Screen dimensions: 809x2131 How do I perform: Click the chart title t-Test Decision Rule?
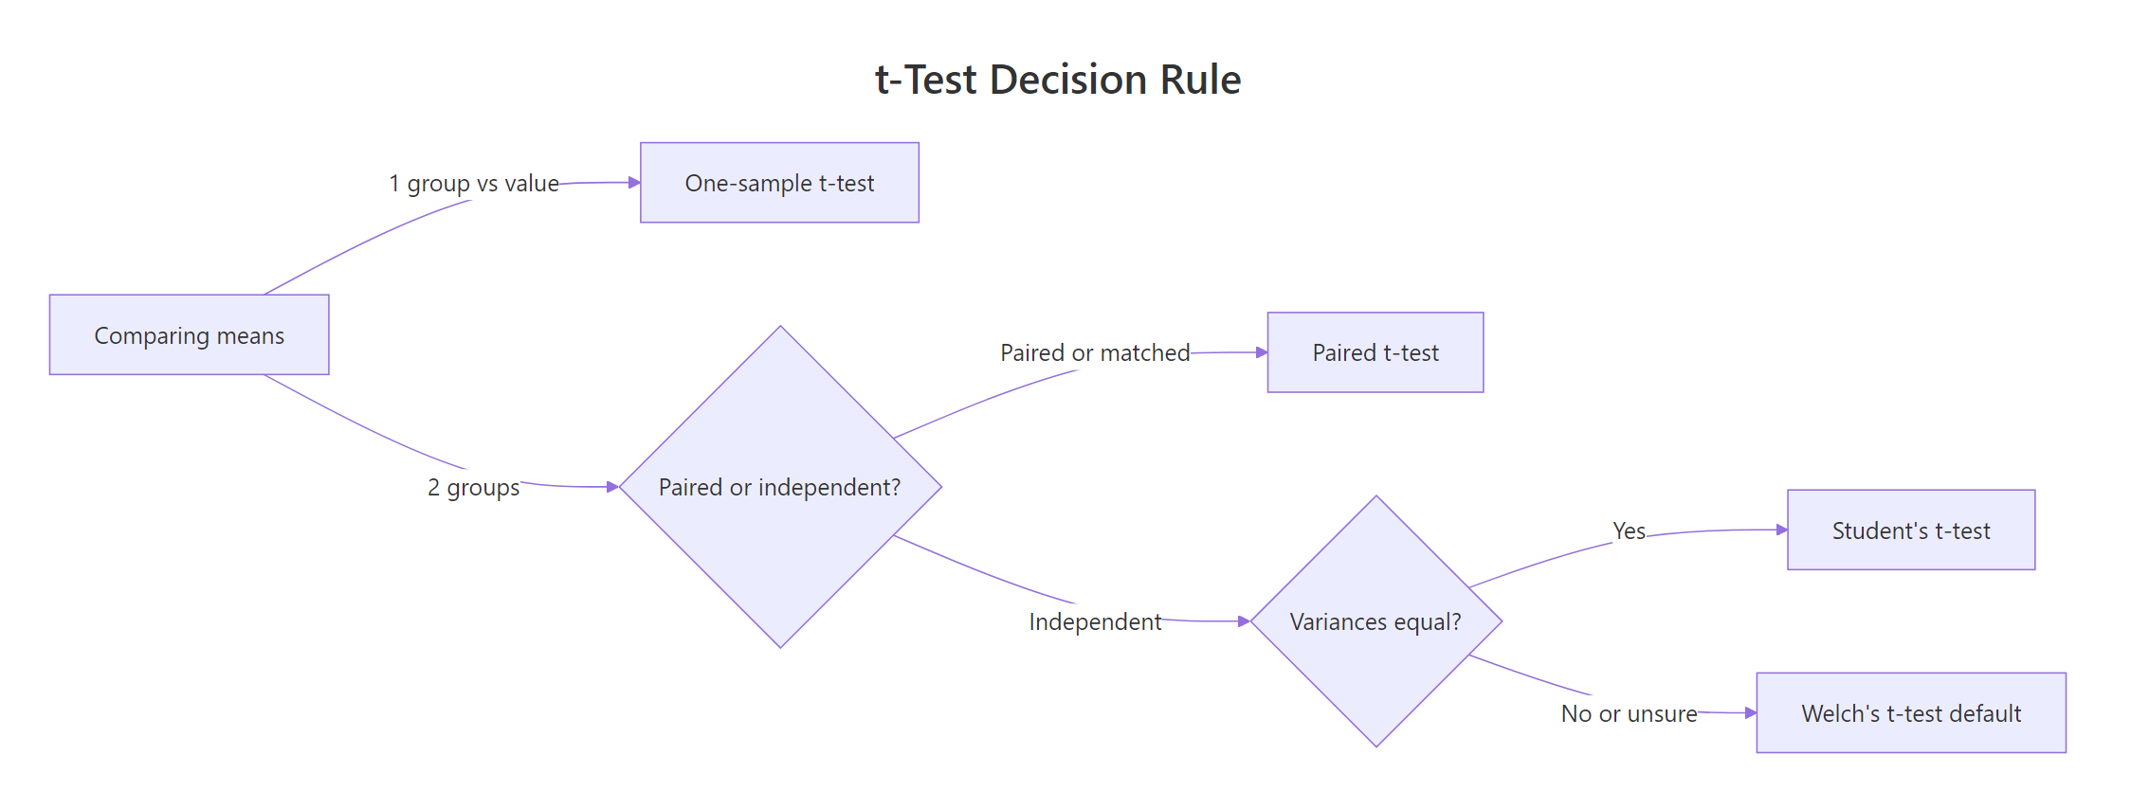coord(1057,80)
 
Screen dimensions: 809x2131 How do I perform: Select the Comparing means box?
coord(189,334)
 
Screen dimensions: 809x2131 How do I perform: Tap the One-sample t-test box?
coord(779,183)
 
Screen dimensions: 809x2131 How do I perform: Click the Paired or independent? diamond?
coord(780,487)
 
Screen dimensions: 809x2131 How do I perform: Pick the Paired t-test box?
coord(1375,352)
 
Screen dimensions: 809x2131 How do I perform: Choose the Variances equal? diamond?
coord(1375,621)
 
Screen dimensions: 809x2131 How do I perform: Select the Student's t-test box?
coord(1910,530)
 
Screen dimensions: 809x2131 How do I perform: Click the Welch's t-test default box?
coord(1910,713)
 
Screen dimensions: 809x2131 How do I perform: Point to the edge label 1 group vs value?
coord(474,183)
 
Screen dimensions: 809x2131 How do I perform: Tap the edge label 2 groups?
coord(474,487)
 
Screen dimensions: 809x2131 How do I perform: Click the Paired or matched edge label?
coord(1095,352)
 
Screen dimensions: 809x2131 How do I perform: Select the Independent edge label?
coord(1095,621)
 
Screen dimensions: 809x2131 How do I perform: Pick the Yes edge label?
coord(1629,530)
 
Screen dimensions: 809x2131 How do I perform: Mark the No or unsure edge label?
coord(1629,713)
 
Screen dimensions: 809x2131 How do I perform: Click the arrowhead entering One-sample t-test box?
coord(634,182)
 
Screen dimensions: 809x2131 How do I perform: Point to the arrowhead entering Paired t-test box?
coord(1262,352)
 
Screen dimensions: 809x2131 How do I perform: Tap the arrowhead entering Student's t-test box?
coord(1782,530)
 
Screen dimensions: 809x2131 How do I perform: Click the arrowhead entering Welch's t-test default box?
coord(1751,712)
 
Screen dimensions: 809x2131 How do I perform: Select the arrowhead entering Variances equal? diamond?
coord(1244,621)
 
